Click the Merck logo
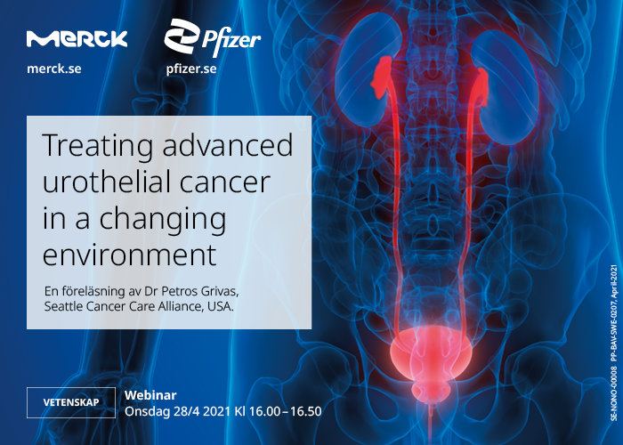77,38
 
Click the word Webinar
150,394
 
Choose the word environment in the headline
130,230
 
